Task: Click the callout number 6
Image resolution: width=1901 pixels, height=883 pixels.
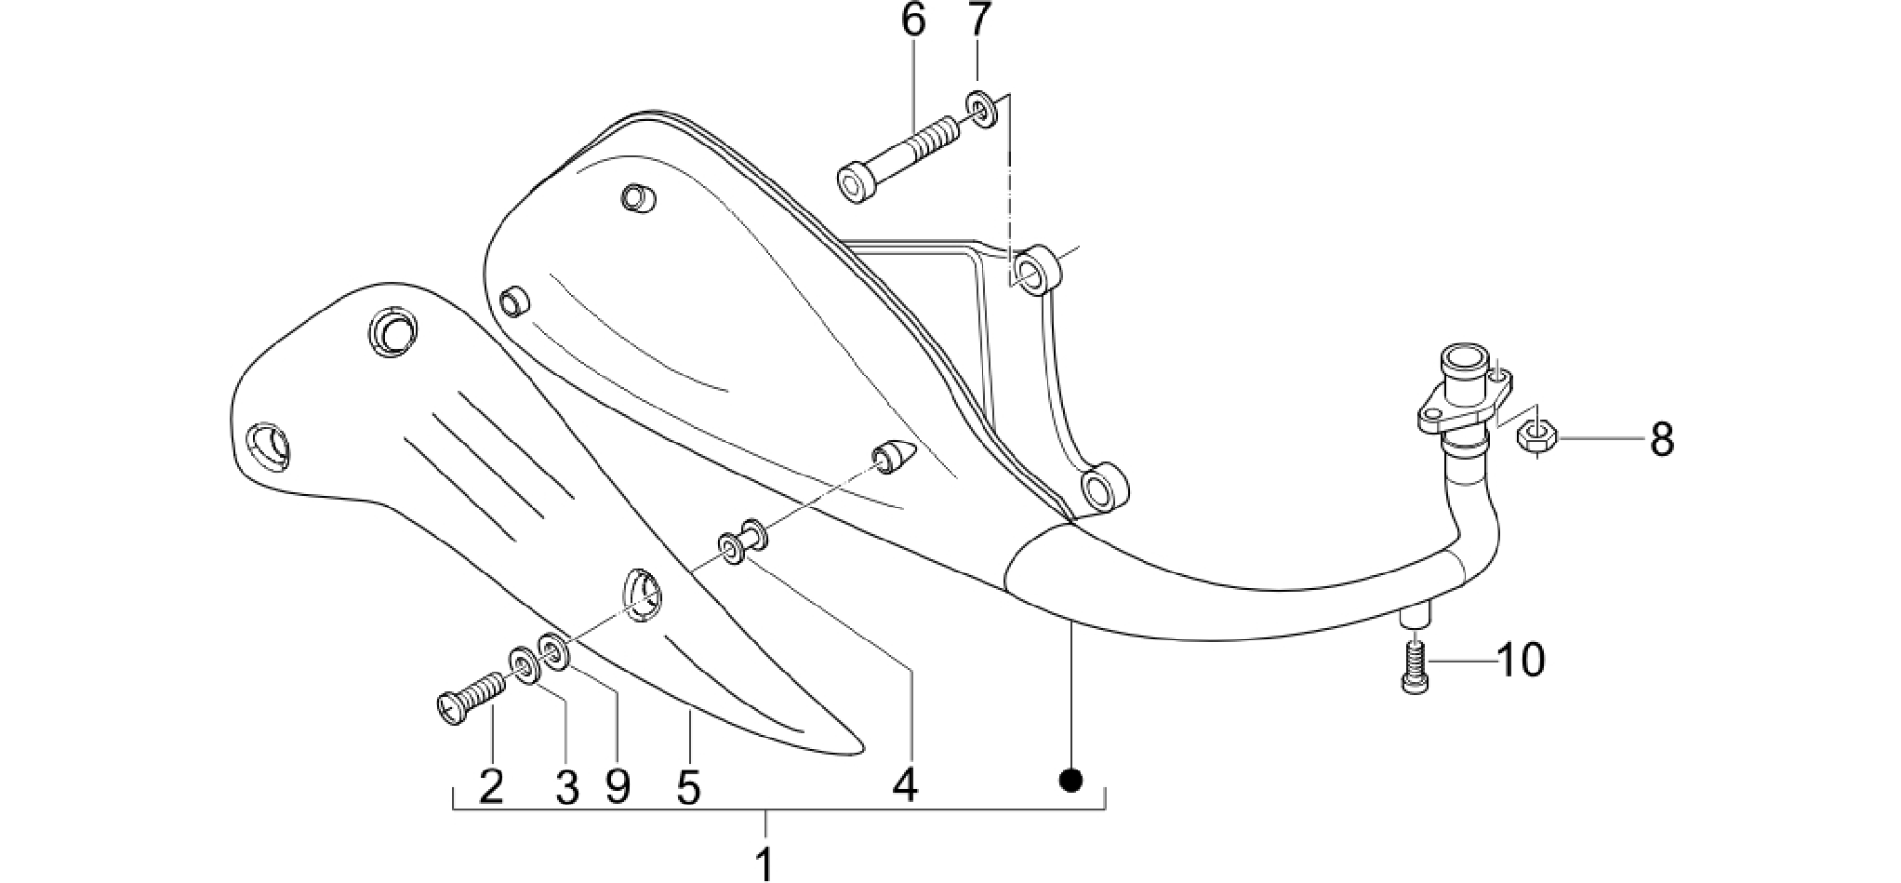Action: pyautogui.click(x=914, y=20)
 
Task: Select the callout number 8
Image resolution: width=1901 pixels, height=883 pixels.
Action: pyautogui.click(x=1663, y=439)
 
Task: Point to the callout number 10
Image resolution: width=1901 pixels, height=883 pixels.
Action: pyautogui.click(x=1522, y=661)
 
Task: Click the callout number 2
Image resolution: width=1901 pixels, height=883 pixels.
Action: pyautogui.click(x=491, y=787)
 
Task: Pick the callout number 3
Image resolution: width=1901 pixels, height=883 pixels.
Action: pyautogui.click(x=566, y=787)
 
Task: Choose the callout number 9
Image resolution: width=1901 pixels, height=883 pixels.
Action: pyautogui.click(x=618, y=787)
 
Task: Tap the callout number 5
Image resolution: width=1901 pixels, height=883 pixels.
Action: pyautogui.click(x=688, y=787)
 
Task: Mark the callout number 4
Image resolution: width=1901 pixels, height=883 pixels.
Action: pyautogui.click(x=905, y=785)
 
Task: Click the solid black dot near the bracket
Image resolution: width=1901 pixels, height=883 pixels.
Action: pyautogui.click(x=1071, y=780)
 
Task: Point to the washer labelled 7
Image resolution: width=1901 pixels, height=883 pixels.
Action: pyautogui.click(x=984, y=110)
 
